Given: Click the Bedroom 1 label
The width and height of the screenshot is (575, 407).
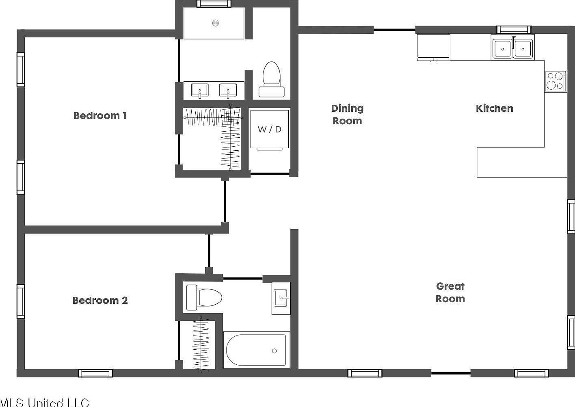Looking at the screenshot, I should click(x=100, y=116).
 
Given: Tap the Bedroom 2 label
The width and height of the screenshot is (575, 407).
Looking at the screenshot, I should click(x=100, y=301).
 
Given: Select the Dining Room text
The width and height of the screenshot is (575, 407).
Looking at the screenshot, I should click(x=347, y=115).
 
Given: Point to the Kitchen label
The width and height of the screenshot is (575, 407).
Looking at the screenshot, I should click(x=494, y=108).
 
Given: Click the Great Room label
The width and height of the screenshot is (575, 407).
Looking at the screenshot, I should click(x=450, y=292).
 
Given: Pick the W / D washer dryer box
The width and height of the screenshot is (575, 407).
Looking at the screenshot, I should click(x=270, y=130).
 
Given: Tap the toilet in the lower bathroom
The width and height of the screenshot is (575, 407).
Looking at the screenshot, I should click(x=204, y=297).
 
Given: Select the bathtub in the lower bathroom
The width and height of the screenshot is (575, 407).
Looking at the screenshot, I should click(x=256, y=350).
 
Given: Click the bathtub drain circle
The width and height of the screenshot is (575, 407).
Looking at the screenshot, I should click(x=274, y=351).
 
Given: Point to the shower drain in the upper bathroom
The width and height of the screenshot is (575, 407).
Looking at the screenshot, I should click(x=215, y=23).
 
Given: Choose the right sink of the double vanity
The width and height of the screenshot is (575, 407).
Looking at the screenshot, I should click(x=228, y=90).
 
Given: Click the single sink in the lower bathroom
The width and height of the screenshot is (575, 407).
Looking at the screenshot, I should click(x=281, y=298).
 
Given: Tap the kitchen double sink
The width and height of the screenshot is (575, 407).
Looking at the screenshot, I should click(x=512, y=48).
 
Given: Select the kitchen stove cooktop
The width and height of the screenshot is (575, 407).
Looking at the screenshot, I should click(x=555, y=81).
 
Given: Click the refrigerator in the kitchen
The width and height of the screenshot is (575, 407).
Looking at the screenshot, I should click(x=434, y=47).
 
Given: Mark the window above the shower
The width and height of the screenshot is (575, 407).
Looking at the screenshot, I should click(x=214, y=4).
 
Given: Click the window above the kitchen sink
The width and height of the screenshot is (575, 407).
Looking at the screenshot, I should click(x=514, y=29).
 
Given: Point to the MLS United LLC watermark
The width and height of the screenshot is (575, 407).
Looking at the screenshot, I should click(x=45, y=402).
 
